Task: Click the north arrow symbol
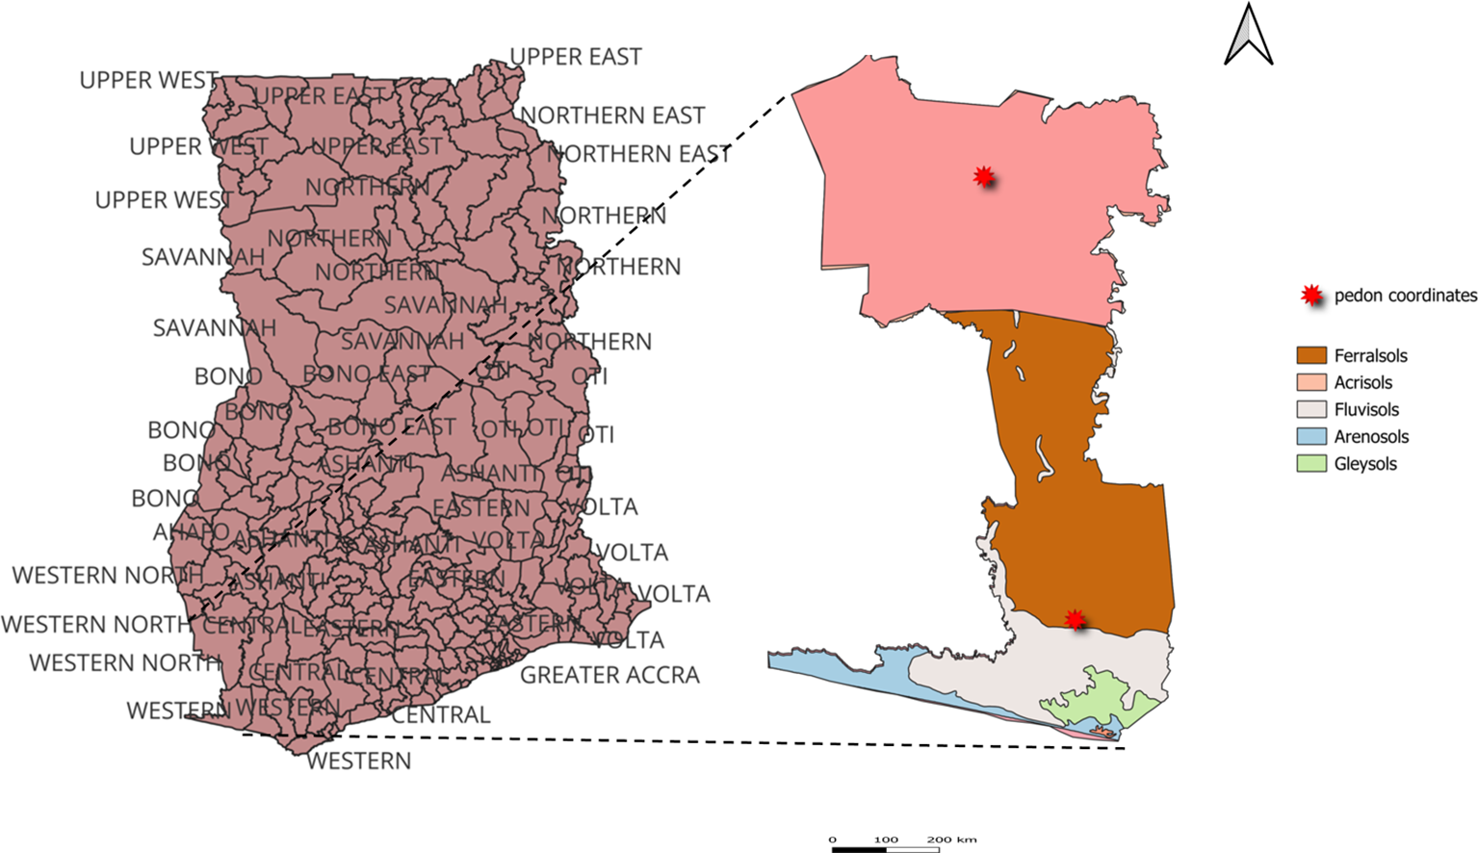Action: [1248, 37]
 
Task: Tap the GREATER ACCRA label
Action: [609, 676]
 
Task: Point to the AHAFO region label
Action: [191, 531]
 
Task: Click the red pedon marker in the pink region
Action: [983, 176]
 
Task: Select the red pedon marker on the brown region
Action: [1075, 619]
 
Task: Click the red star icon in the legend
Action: [1310, 296]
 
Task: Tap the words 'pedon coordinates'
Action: [1405, 296]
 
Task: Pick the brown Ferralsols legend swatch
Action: [1311, 356]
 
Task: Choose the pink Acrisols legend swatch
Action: [1311, 383]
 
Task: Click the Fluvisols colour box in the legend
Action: [1311, 410]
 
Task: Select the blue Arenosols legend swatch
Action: [1311, 437]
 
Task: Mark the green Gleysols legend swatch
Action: [1311, 464]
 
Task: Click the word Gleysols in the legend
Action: [1364, 464]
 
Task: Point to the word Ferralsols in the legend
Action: [1370, 356]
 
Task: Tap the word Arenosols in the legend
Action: [1371, 437]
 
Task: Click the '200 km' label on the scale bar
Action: [951, 840]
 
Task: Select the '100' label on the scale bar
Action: [886, 840]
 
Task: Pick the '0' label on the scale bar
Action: [833, 840]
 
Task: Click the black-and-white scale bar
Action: [886, 849]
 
